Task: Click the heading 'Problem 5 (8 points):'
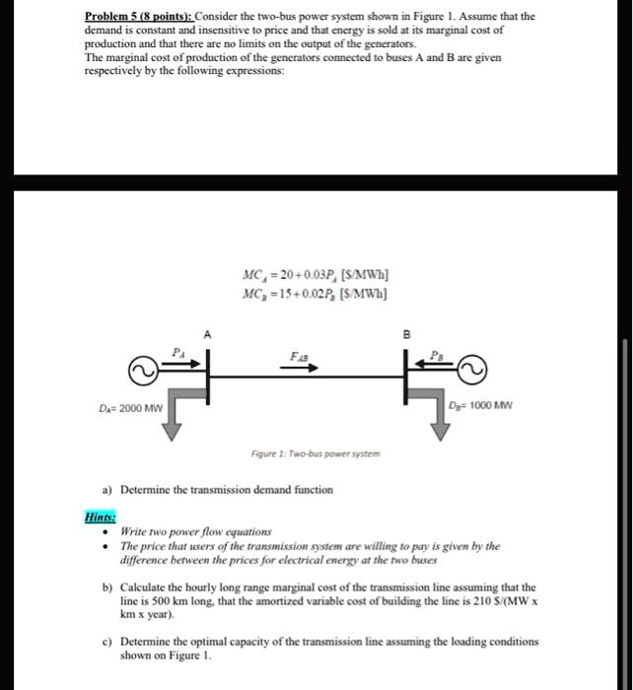[138, 17]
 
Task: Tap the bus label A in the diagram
[207, 335]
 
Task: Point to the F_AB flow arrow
[305, 369]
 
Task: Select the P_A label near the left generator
[178, 351]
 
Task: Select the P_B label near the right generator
[437, 351]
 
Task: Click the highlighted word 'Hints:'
[100, 515]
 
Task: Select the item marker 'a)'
[106, 489]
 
